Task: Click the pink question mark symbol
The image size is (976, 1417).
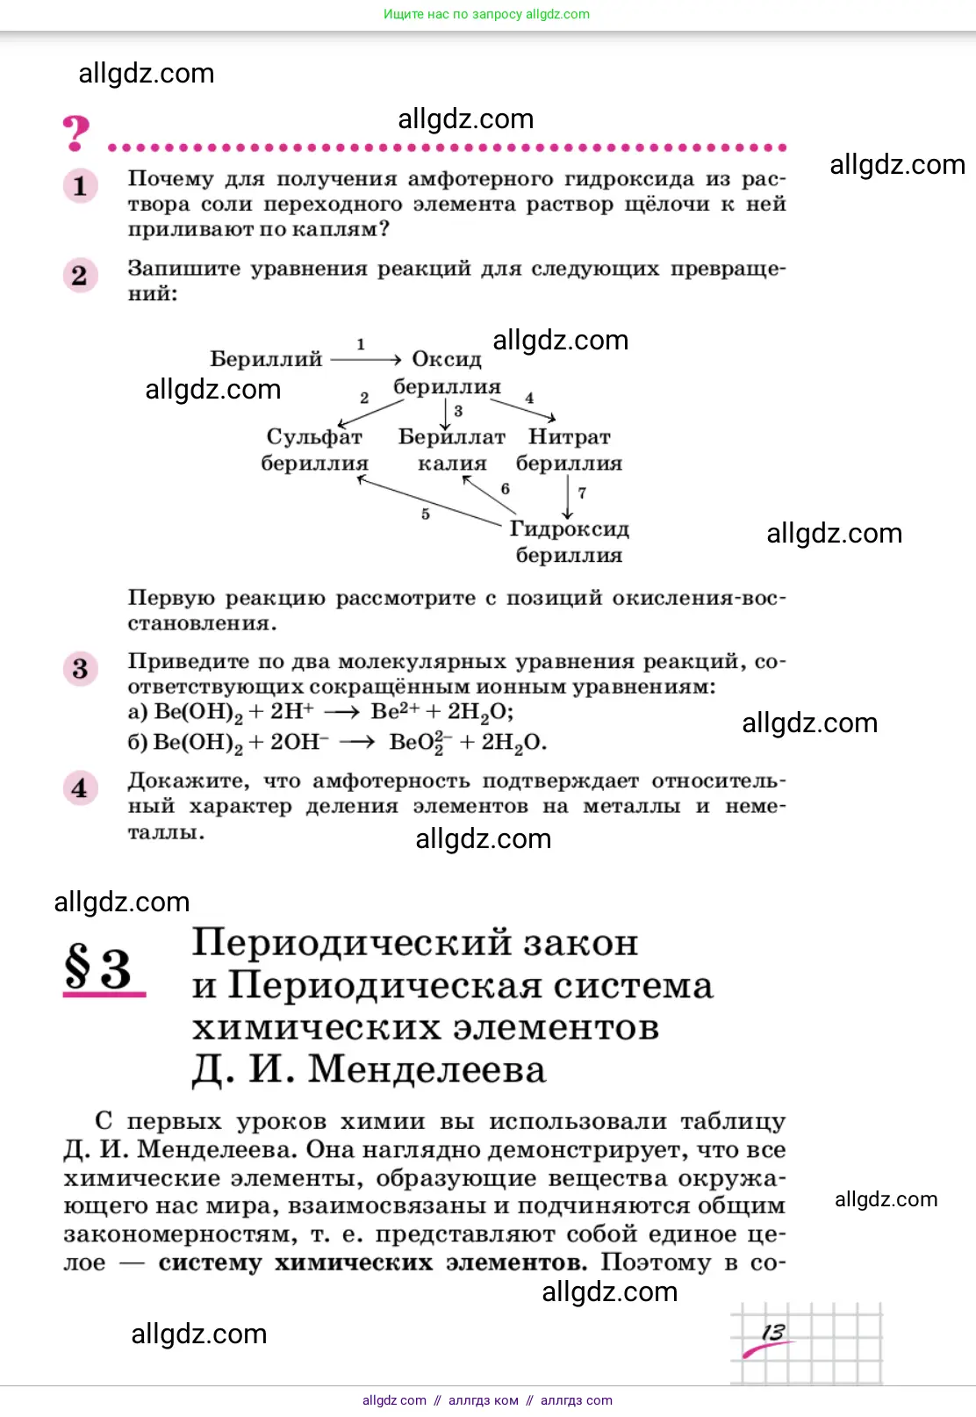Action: point(76,133)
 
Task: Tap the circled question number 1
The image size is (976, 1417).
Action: point(80,185)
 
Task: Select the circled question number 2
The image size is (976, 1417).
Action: point(80,276)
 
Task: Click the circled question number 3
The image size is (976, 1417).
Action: point(80,669)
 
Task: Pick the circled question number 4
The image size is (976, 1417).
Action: point(80,788)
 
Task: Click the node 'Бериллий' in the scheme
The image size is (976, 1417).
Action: point(266,359)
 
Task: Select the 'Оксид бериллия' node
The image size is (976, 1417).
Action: point(447,373)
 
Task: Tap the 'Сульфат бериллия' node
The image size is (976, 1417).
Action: point(314,450)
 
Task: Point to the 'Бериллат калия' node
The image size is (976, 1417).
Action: point(452,450)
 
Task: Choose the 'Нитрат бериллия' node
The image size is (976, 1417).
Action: point(569,450)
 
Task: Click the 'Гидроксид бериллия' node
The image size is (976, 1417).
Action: point(569,542)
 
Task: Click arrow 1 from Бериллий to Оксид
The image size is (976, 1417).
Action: point(365,358)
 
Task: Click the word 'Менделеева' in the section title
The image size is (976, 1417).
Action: point(427,1069)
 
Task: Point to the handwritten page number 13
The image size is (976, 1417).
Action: point(773,1332)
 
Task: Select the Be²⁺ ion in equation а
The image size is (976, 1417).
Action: point(394,711)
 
